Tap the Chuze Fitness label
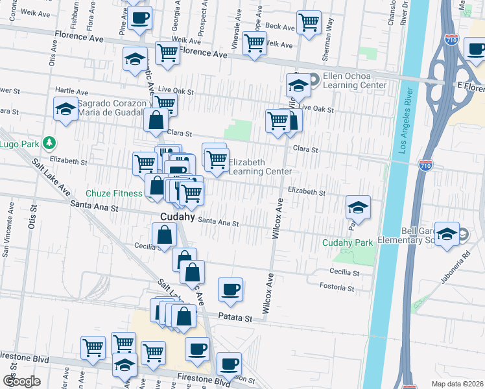coord(113,193)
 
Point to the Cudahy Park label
coord(348,243)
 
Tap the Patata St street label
coord(239,318)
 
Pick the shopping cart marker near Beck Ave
coord(309,22)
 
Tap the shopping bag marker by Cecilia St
coord(164,235)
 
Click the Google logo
coord(21,381)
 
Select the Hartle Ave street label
coord(71,91)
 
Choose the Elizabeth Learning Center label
coord(259,167)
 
